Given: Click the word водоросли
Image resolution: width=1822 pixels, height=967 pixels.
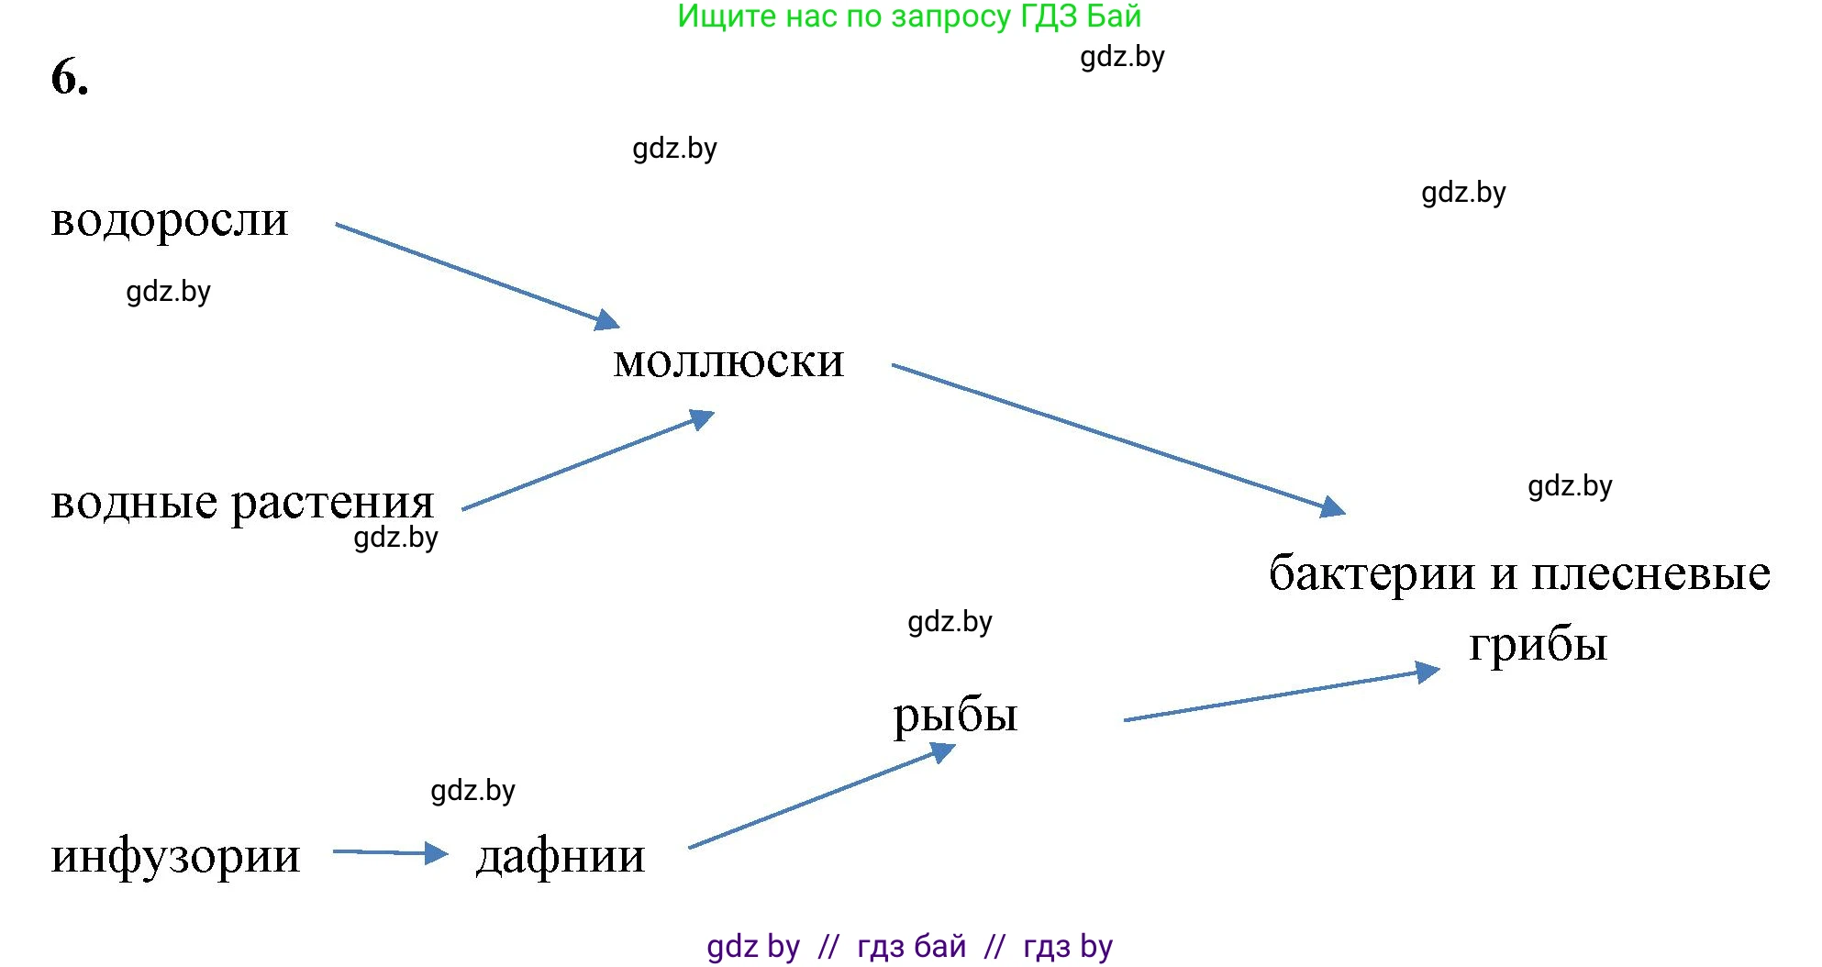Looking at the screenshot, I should point(170,220).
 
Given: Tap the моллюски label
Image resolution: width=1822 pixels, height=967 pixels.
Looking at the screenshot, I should point(728,362).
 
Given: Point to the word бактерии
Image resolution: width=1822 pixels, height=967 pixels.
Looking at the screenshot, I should point(1372,573).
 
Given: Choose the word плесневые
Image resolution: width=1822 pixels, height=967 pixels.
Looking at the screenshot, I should point(1651,574).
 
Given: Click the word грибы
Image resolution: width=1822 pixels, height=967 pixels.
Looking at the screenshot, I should point(1538,645).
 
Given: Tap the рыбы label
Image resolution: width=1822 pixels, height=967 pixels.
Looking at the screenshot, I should point(955,716).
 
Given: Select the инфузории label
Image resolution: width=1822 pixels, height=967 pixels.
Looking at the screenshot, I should point(175,856).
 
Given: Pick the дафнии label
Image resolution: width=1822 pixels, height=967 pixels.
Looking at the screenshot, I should point(561,856).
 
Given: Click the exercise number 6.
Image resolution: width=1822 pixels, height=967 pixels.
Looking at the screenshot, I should point(70,77).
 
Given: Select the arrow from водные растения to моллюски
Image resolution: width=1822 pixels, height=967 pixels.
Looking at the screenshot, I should point(587,463).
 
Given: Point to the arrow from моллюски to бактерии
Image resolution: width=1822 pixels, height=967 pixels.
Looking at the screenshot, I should point(1117,438).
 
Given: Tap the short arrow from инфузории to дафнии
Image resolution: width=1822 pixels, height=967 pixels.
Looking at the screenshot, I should point(390,853).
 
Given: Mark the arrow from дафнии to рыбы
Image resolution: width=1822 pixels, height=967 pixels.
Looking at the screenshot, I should point(821,796).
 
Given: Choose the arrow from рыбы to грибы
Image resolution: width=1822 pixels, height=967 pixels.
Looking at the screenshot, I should point(1280,695).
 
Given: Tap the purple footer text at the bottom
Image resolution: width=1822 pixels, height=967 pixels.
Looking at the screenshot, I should point(909,946).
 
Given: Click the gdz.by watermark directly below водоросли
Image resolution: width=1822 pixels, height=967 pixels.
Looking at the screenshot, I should point(168,292).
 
